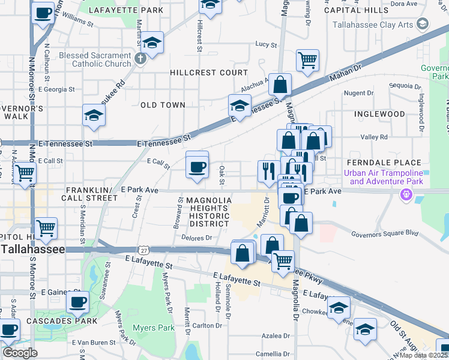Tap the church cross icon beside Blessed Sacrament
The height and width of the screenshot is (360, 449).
tap(140, 59)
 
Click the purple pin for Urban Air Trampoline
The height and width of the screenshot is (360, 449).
tap(406, 194)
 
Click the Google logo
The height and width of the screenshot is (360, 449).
tap(20, 353)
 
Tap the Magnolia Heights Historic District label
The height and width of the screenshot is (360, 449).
tap(208, 212)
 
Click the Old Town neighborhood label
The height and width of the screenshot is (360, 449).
tap(163, 105)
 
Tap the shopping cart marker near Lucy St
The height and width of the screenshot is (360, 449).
tap(307, 60)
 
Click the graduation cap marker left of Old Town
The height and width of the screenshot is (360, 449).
tap(94, 115)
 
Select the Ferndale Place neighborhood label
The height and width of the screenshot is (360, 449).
tap(382, 163)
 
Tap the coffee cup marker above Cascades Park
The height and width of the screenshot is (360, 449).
tap(77, 303)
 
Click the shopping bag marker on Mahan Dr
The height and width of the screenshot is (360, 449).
tap(280, 85)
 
